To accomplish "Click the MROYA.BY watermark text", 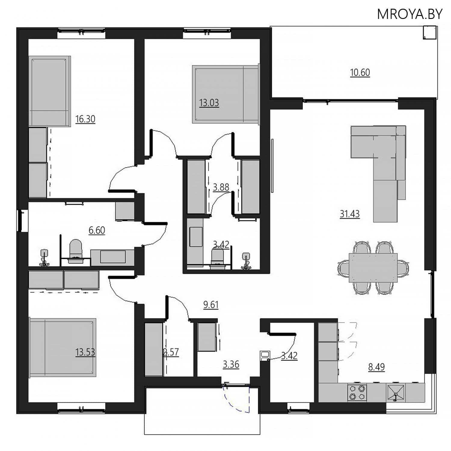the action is coord(410,14).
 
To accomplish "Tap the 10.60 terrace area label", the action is coord(360,72).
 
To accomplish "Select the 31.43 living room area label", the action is coord(350,214).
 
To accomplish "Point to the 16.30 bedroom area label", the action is coord(85,119).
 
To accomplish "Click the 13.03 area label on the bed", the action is coord(209,103).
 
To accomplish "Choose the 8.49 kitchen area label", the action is coord(376,367).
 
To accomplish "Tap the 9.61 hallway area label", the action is coord(211,305).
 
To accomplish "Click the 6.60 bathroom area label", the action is coord(97,230).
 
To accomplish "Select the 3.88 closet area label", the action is coord(221,187).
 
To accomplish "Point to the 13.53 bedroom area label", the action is coord(85,352).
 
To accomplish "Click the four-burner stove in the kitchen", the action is coord(357,392).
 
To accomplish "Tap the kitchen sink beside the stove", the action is coord(396,392).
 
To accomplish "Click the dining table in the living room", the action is coord(373,268).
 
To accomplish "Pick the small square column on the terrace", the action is coord(429,32).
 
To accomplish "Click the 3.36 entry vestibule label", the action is coord(231,364).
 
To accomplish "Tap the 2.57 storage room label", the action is coord(171,352).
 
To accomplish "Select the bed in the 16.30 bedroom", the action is coord(50,91).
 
